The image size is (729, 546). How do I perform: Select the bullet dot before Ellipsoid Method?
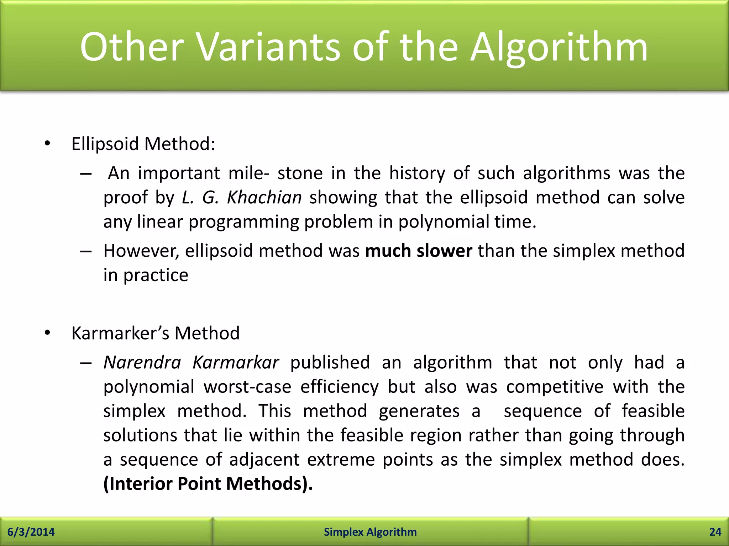click(x=47, y=144)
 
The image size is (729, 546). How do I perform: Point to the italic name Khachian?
click(x=264, y=197)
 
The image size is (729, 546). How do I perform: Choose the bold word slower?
click(x=444, y=251)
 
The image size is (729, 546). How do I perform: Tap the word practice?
click(x=156, y=275)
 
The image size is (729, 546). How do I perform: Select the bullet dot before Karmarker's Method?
click(x=47, y=333)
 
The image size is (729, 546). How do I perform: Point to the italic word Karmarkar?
click(x=236, y=363)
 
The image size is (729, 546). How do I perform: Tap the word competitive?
click(x=555, y=387)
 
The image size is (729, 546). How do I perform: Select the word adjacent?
click(x=264, y=460)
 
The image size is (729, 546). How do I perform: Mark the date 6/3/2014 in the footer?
click(x=31, y=532)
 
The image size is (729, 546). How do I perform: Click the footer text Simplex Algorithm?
click(x=370, y=532)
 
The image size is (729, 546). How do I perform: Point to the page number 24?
click(x=715, y=532)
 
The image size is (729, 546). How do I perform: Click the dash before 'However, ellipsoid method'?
click(x=86, y=252)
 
